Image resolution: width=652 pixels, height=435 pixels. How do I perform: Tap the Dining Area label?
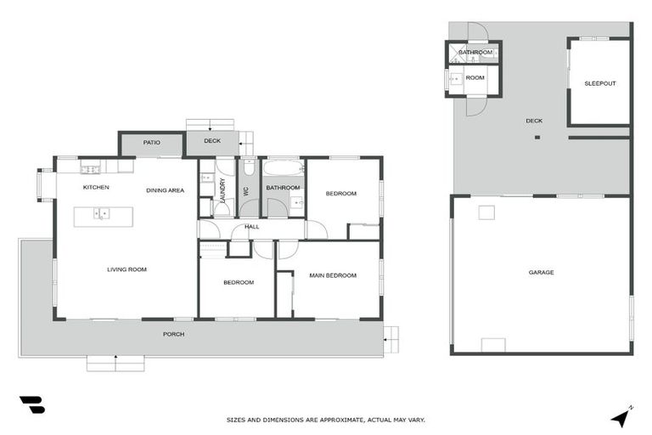165,190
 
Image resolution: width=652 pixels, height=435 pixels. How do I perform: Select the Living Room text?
126,269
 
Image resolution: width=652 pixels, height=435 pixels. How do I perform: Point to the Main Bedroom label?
332,275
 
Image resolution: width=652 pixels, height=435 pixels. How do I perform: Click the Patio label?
151,143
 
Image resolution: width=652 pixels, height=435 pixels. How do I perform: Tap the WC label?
246,190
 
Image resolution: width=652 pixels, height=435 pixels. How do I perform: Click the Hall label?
252,227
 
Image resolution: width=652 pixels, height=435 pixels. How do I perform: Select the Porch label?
173,334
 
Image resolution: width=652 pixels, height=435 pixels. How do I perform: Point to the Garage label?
541,273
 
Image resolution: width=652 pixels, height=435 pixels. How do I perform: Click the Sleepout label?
599,83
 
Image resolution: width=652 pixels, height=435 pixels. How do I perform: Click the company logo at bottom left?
31,404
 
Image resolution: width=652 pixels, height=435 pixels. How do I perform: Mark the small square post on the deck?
537,138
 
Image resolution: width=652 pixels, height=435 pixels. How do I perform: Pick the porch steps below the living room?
116,363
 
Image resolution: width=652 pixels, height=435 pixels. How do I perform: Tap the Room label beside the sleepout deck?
475,78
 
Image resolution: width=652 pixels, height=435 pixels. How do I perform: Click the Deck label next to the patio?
211,141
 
